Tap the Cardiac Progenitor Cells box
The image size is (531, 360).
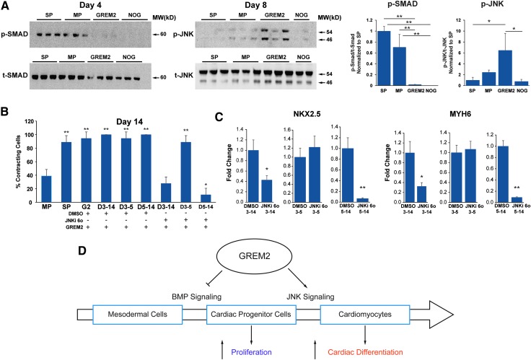[x=253, y=315]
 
